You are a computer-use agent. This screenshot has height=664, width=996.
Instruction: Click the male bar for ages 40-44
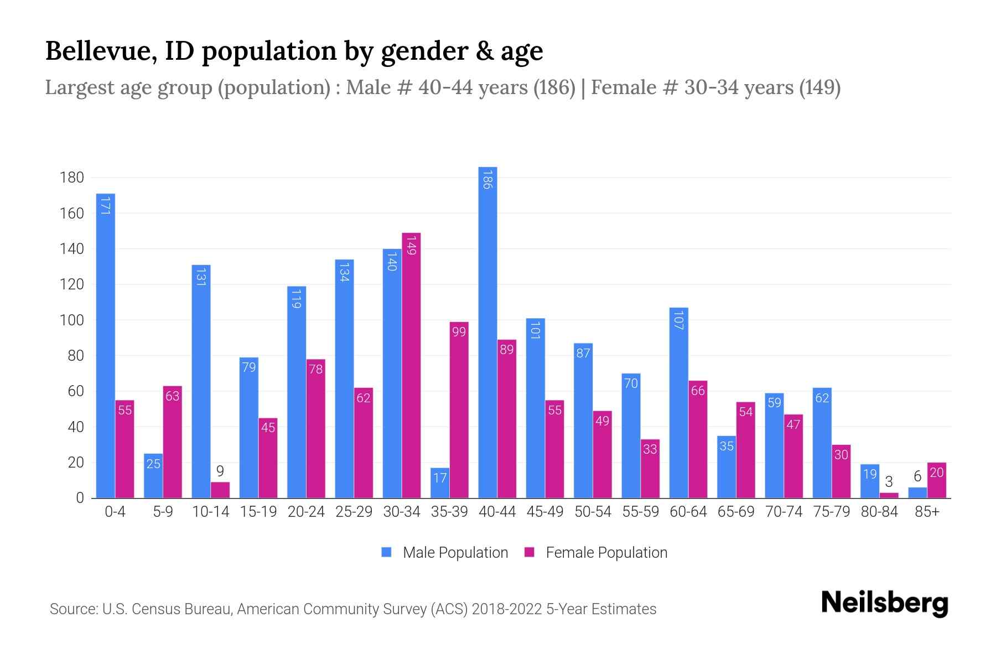(x=487, y=332)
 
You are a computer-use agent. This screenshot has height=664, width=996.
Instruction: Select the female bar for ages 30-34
(x=411, y=365)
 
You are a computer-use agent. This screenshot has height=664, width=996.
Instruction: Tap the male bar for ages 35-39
(x=440, y=483)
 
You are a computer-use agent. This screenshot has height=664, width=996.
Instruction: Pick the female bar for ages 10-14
(x=220, y=490)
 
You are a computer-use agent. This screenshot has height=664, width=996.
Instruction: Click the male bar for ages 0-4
(x=105, y=346)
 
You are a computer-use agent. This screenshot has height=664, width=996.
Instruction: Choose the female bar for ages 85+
(x=937, y=480)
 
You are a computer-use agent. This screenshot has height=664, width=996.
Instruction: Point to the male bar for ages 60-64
(x=679, y=403)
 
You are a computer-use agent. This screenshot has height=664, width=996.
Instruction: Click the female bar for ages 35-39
(x=459, y=409)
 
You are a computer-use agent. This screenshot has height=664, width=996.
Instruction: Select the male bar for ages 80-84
(x=870, y=481)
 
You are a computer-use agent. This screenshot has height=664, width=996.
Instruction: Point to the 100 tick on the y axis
(x=72, y=320)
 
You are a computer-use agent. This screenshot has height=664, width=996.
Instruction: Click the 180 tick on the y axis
(x=72, y=178)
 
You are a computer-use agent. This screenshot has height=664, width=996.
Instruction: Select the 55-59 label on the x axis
(x=640, y=512)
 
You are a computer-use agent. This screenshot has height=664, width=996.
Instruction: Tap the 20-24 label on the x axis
(x=306, y=512)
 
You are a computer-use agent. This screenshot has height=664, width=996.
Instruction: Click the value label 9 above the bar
(x=220, y=471)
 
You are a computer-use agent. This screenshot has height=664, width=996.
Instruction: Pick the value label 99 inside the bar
(x=459, y=332)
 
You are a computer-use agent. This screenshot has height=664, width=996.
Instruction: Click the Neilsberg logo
(x=884, y=603)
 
